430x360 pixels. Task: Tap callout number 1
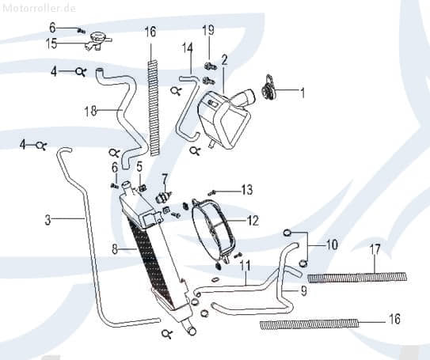tap(302, 93)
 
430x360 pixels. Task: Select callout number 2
tap(224, 59)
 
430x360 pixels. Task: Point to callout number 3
tap(47, 220)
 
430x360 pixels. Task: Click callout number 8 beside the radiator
tap(115, 249)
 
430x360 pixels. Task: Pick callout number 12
tap(252, 221)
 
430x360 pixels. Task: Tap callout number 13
tap(247, 190)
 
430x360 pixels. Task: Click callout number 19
tap(208, 31)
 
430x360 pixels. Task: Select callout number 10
tap(330, 244)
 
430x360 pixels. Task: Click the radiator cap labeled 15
tap(99, 38)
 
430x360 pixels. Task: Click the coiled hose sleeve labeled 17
tap(356, 276)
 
